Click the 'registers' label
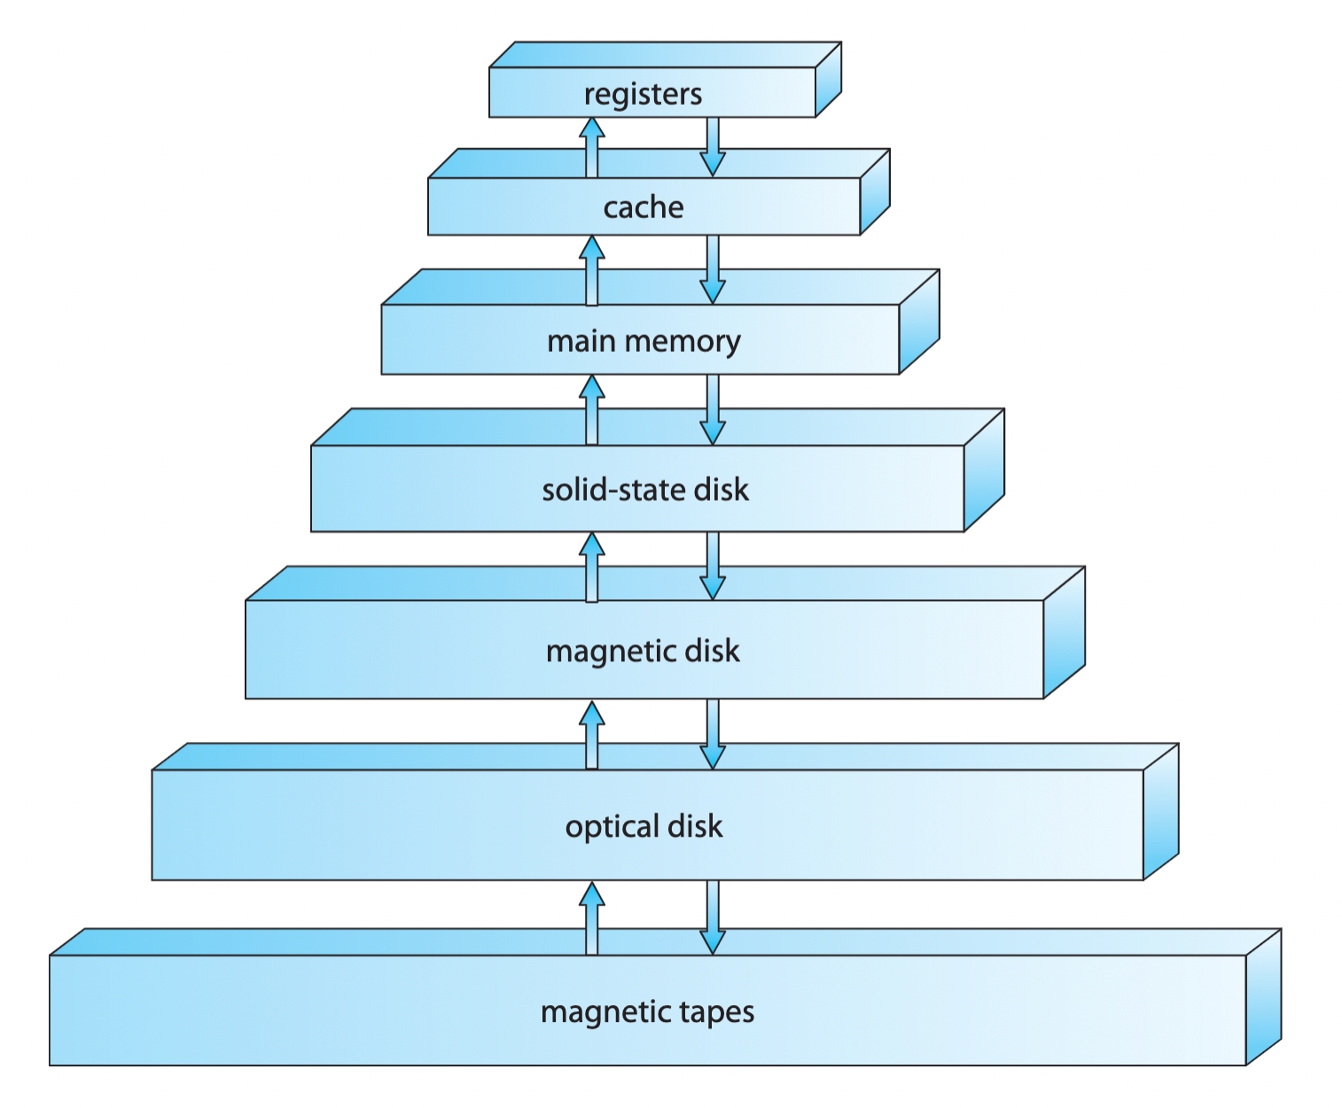point(643,94)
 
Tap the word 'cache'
point(644,207)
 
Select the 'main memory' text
point(644,341)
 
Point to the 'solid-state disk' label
point(645,489)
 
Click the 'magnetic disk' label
point(643,652)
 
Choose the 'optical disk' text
point(644,827)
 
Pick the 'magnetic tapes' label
point(647,1011)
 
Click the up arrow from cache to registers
point(592,148)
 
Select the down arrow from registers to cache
point(713,147)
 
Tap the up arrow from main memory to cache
point(592,270)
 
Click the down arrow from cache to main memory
point(713,269)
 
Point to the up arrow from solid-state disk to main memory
point(592,410)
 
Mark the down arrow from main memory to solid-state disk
point(713,410)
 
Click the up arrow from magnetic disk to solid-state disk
point(592,567)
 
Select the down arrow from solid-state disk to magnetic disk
point(713,566)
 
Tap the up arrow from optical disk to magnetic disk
point(592,735)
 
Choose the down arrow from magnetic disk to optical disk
point(713,734)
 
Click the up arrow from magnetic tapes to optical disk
point(592,918)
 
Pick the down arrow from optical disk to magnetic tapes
point(713,917)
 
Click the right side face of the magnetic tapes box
point(1263,997)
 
